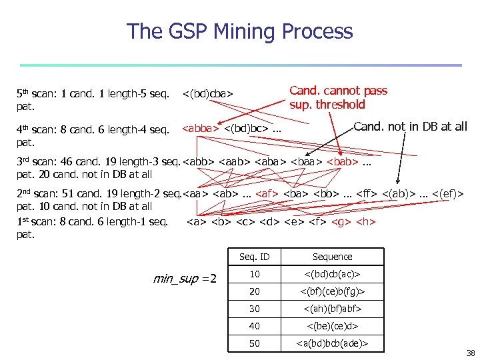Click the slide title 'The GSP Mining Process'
pos(240,31)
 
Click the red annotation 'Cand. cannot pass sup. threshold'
pos(338,97)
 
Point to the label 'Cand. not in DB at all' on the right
pos(410,127)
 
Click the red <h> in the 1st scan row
pos(366,221)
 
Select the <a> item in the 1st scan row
pos(196,221)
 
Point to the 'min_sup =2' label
pos(185,278)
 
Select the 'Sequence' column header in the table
pos(332,257)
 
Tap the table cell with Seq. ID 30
pos(254,309)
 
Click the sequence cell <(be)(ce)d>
pos(332,326)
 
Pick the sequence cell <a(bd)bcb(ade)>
pos(332,343)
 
